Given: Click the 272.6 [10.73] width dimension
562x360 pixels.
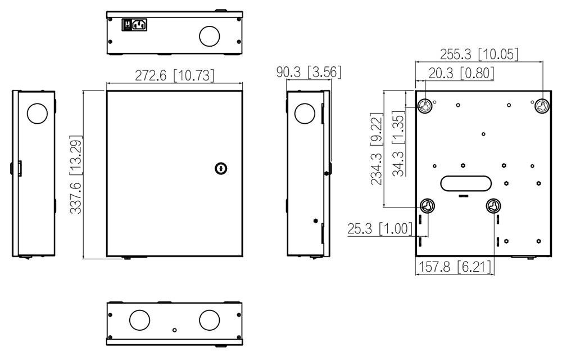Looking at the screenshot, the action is coord(174,76).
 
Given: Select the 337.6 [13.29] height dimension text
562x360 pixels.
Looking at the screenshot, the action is coord(76,174).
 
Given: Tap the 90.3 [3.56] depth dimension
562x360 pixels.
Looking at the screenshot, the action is coord(309,72).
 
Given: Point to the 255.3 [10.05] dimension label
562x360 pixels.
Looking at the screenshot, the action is coord(479,54).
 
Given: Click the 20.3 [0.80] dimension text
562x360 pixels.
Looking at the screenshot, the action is coord(461,73).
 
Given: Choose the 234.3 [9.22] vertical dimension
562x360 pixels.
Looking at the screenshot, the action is coord(377,149).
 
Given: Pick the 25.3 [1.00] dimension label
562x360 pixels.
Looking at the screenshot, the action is coord(380,228).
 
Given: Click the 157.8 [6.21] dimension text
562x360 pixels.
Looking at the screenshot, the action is coord(455,267).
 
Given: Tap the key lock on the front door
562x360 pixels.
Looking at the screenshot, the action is coord(221,168).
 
